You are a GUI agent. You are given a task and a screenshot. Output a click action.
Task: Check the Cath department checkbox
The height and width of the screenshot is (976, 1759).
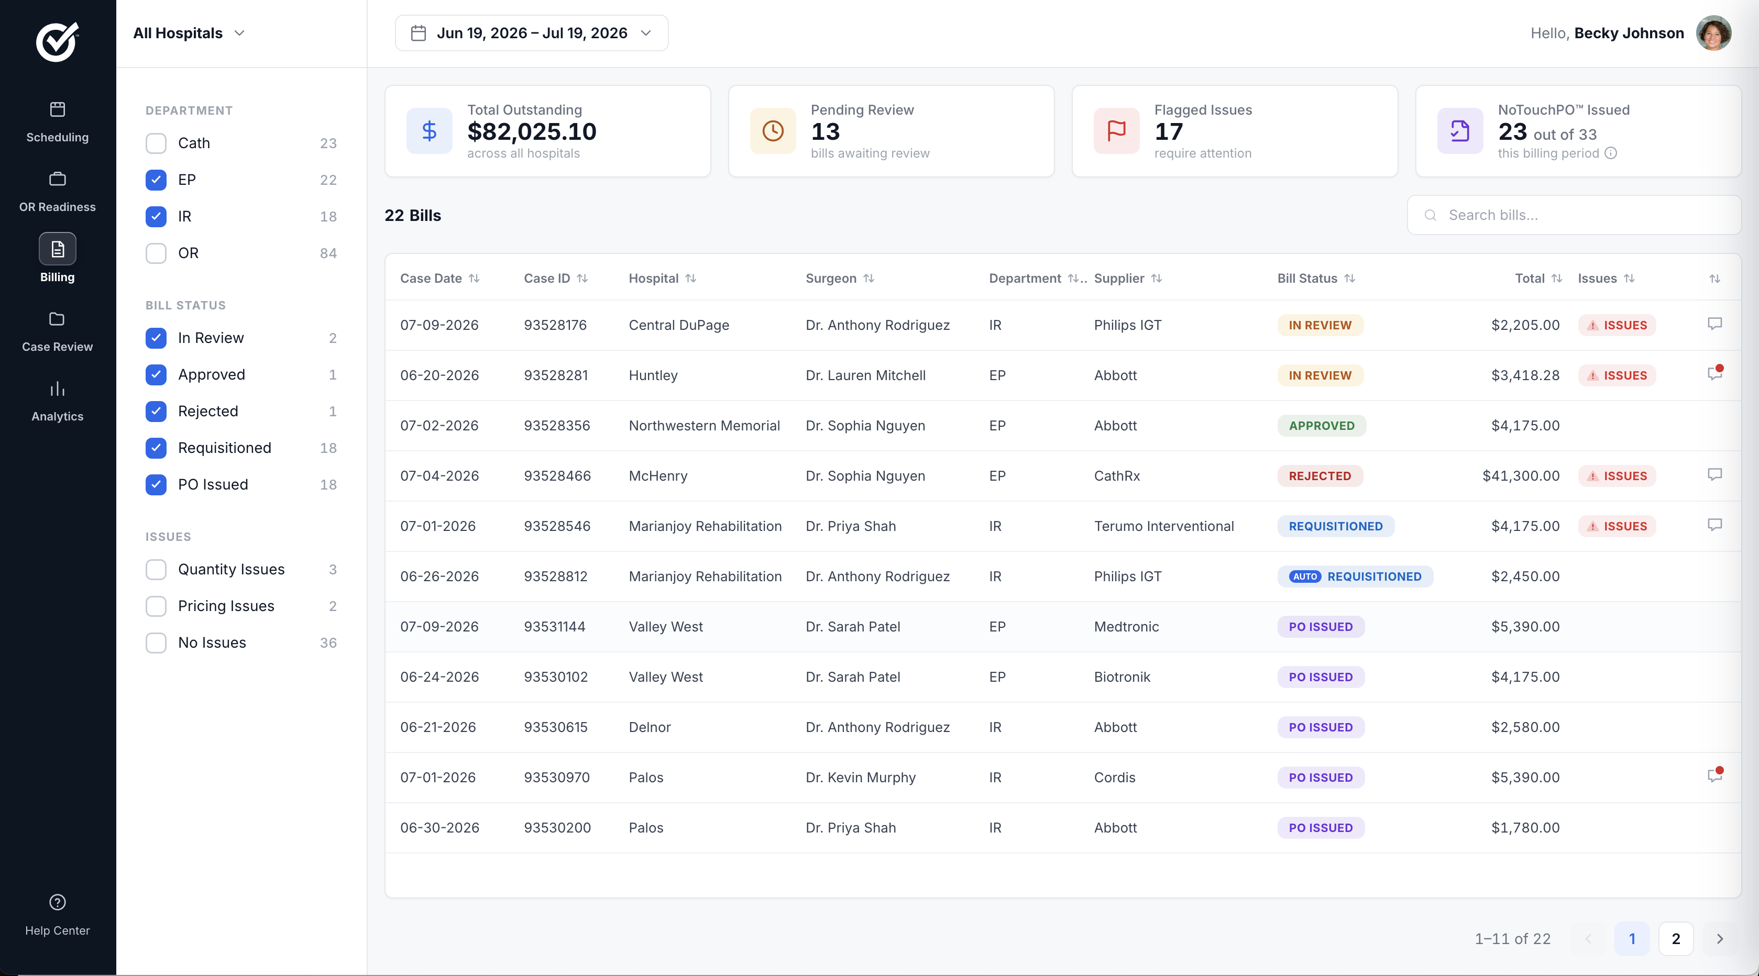click(156, 143)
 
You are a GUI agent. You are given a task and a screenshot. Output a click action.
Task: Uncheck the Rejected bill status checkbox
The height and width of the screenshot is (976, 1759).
click(156, 411)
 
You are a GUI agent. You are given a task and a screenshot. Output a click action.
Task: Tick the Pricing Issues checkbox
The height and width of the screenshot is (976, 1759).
click(156, 606)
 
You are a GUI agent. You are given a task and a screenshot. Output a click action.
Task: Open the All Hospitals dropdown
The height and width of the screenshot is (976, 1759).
click(189, 33)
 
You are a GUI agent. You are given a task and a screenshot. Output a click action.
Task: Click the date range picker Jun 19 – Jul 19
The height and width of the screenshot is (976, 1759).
click(531, 33)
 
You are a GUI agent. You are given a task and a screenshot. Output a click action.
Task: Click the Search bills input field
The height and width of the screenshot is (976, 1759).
click(1574, 215)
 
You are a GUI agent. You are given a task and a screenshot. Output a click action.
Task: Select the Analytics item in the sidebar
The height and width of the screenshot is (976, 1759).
click(58, 401)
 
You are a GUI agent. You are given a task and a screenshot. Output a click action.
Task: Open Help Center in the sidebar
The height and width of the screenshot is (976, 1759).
click(58, 915)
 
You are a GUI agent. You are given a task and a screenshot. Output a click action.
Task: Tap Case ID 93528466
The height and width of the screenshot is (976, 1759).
click(557, 476)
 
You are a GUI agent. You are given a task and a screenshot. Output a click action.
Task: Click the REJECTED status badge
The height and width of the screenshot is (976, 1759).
click(1320, 476)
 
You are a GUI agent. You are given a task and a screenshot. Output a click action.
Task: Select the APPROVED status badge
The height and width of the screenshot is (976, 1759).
click(1321, 425)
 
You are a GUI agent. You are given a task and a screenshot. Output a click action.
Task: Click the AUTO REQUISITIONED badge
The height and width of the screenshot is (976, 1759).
click(1355, 576)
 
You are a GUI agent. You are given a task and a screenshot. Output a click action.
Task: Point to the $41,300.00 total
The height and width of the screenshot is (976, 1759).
click(1521, 476)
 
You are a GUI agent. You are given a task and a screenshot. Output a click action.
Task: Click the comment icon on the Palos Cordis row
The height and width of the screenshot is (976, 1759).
click(1714, 775)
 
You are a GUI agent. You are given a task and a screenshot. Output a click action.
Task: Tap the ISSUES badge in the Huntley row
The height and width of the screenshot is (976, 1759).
click(1617, 375)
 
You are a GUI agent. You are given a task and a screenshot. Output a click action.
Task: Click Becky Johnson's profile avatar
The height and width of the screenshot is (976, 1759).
click(1713, 33)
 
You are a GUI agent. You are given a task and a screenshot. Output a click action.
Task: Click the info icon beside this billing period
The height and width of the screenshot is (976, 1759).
click(1611, 153)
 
